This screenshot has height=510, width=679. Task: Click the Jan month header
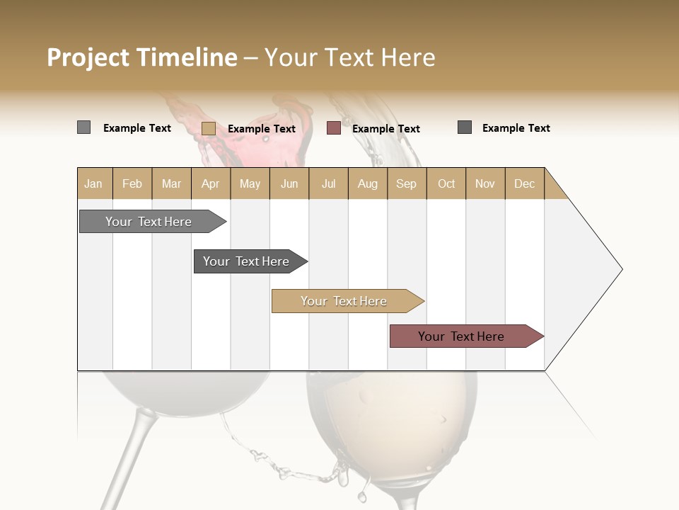[93, 183]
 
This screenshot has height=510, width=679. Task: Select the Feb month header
[132, 183]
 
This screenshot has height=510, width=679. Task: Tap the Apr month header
[210, 183]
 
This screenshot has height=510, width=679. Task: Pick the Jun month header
[289, 183]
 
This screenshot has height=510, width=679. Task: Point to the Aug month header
[367, 183]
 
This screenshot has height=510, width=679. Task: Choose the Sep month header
[406, 183]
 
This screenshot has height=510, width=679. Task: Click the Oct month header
[446, 183]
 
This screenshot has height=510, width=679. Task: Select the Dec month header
[524, 183]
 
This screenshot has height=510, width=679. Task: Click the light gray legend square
[83, 127]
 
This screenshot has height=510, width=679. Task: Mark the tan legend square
[208, 128]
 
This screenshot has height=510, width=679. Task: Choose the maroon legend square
[333, 128]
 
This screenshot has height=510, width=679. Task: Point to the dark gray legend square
[465, 127]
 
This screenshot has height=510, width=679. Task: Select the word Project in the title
[88, 57]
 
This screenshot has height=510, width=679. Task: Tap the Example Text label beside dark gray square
[516, 128]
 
